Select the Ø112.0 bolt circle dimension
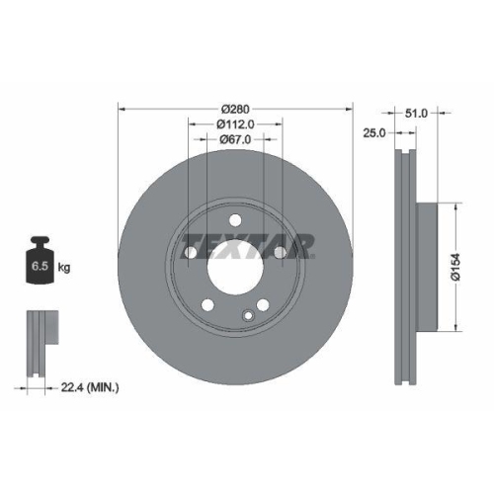235,124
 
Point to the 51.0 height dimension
417,114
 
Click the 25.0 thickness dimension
373,131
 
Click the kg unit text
64,268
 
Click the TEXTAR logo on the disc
251,241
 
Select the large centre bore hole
234,266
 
